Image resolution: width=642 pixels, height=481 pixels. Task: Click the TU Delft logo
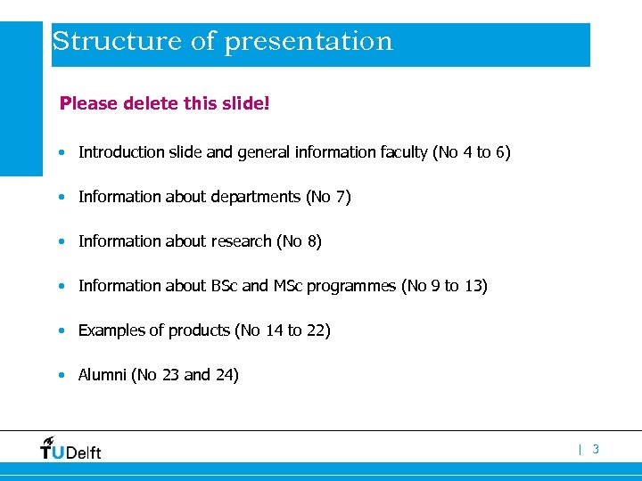(70, 448)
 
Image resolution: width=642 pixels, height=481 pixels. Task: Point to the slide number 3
(596, 450)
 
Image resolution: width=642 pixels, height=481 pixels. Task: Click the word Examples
(111, 330)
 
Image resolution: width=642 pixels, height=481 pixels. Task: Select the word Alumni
(103, 375)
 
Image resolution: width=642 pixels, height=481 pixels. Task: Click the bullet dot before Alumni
(60, 376)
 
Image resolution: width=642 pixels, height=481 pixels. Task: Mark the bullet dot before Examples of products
(60, 331)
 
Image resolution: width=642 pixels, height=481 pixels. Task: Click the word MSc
(286, 286)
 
